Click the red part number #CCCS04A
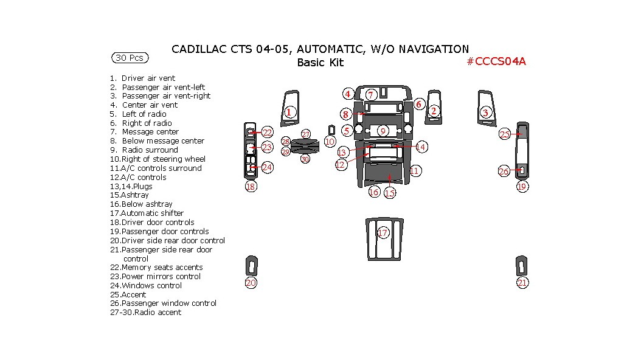[496, 61]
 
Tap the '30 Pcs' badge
[130, 58]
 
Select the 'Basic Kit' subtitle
[320, 62]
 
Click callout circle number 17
[383, 233]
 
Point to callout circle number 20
[251, 282]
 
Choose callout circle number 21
[522, 282]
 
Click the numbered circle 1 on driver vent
[289, 112]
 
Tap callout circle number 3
[485, 112]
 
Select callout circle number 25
[505, 134]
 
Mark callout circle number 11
[414, 171]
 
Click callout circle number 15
[390, 193]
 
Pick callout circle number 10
[330, 142]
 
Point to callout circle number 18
[251, 187]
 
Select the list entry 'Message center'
[150, 132]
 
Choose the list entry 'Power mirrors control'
[161, 277]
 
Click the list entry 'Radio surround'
[150, 150]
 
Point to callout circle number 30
[305, 159]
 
